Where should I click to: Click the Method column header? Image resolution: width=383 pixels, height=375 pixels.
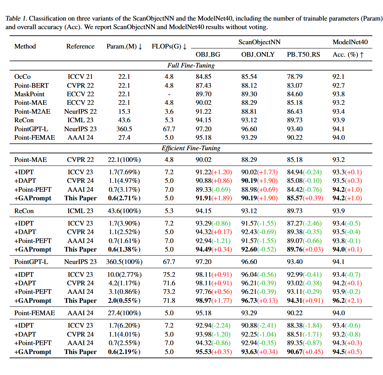(25, 46)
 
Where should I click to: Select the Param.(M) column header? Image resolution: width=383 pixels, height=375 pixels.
(124, 47)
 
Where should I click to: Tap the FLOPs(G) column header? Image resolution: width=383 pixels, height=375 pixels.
(169, 47)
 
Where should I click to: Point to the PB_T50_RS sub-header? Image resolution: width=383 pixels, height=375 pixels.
(304, 54)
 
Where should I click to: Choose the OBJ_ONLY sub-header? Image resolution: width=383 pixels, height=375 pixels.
(258, 54)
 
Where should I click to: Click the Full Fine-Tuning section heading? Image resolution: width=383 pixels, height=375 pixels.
(191, 65)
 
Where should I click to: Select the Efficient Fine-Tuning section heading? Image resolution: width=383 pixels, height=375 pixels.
(191, 148)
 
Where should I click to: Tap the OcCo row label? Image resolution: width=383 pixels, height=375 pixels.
(22, 77)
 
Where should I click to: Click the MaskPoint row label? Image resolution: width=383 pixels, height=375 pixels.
(29, 94)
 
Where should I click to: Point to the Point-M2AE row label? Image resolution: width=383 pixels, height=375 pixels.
(32, 111)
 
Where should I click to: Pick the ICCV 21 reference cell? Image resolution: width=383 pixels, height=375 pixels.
(80, 77)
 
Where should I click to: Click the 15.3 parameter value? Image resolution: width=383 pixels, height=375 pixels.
(124, 111)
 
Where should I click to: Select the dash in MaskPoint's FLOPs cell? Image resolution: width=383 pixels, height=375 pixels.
(169, 94)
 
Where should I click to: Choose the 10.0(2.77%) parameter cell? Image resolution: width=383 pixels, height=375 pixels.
(124, 275)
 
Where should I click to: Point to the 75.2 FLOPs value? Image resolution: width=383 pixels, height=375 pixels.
(169, 275)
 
